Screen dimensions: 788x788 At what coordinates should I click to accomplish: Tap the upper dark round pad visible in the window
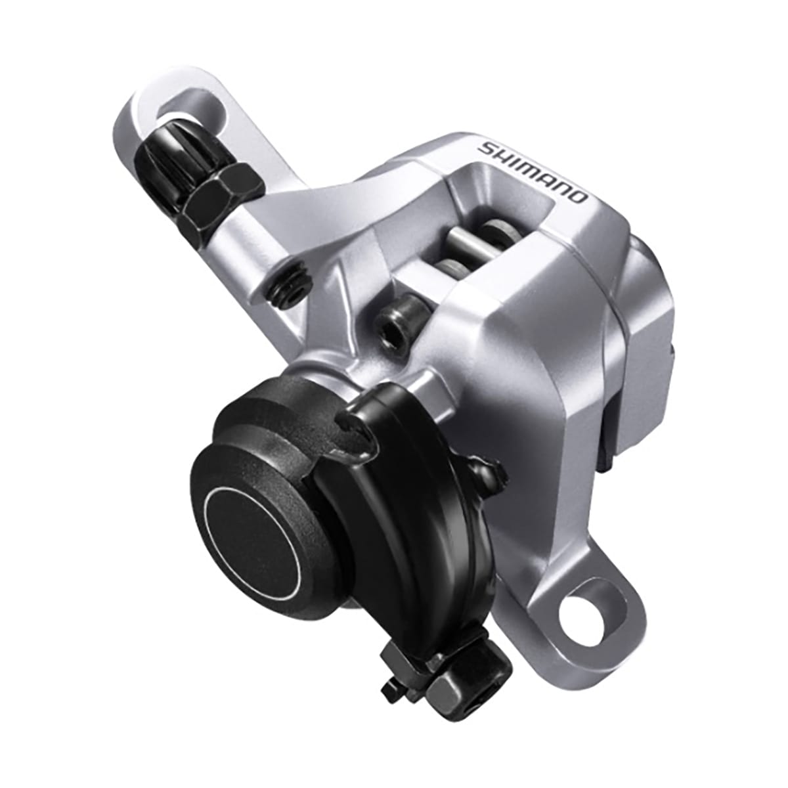pyautogui.click(x=499, y=230)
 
